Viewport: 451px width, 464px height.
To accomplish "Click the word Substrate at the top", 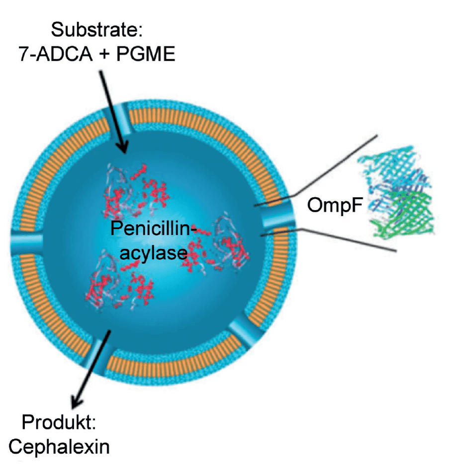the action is [x=97, y=30].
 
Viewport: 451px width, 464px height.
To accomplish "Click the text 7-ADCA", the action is [x=56, y=54].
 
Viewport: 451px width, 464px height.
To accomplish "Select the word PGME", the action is [x=145, y=54].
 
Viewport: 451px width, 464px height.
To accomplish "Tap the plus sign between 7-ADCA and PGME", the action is [x=104, y=55].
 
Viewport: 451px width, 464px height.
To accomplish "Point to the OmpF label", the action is [x=335, y=205].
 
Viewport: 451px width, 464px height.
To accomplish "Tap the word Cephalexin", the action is [x=59, y=447].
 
